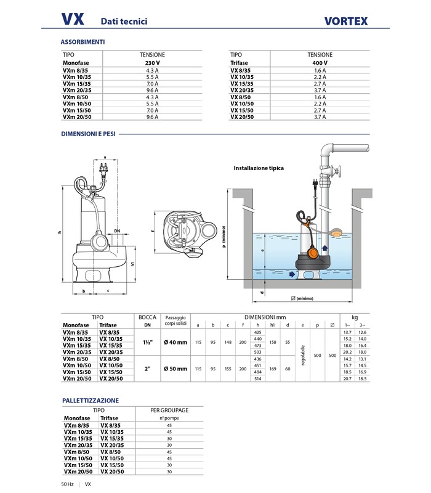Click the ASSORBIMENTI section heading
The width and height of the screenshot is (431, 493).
coord(83,42)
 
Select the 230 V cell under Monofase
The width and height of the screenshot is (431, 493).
coord(153,63)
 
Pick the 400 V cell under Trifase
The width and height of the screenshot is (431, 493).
coord(320,63)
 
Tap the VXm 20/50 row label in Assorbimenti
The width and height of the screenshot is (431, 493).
coord(76,116)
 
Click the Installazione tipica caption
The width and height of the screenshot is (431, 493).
coord(259,168)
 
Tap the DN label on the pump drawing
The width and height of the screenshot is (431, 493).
coord(117,230)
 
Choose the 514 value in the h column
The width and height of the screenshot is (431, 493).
coord(257,378)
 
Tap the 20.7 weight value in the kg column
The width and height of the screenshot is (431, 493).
coord(346,378)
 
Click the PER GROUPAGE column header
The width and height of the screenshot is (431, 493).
coord(169,409)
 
